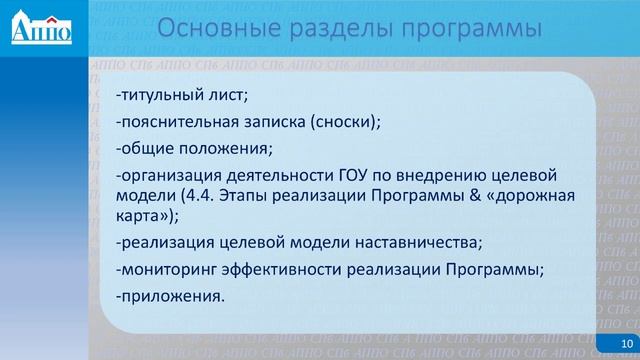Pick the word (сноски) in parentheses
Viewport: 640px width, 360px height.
pyautogui.click(x=346, y=124)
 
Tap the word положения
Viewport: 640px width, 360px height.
pyautogui.click(x=221, y=150)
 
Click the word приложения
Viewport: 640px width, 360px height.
pyautogui.click(x=170, y=296)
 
